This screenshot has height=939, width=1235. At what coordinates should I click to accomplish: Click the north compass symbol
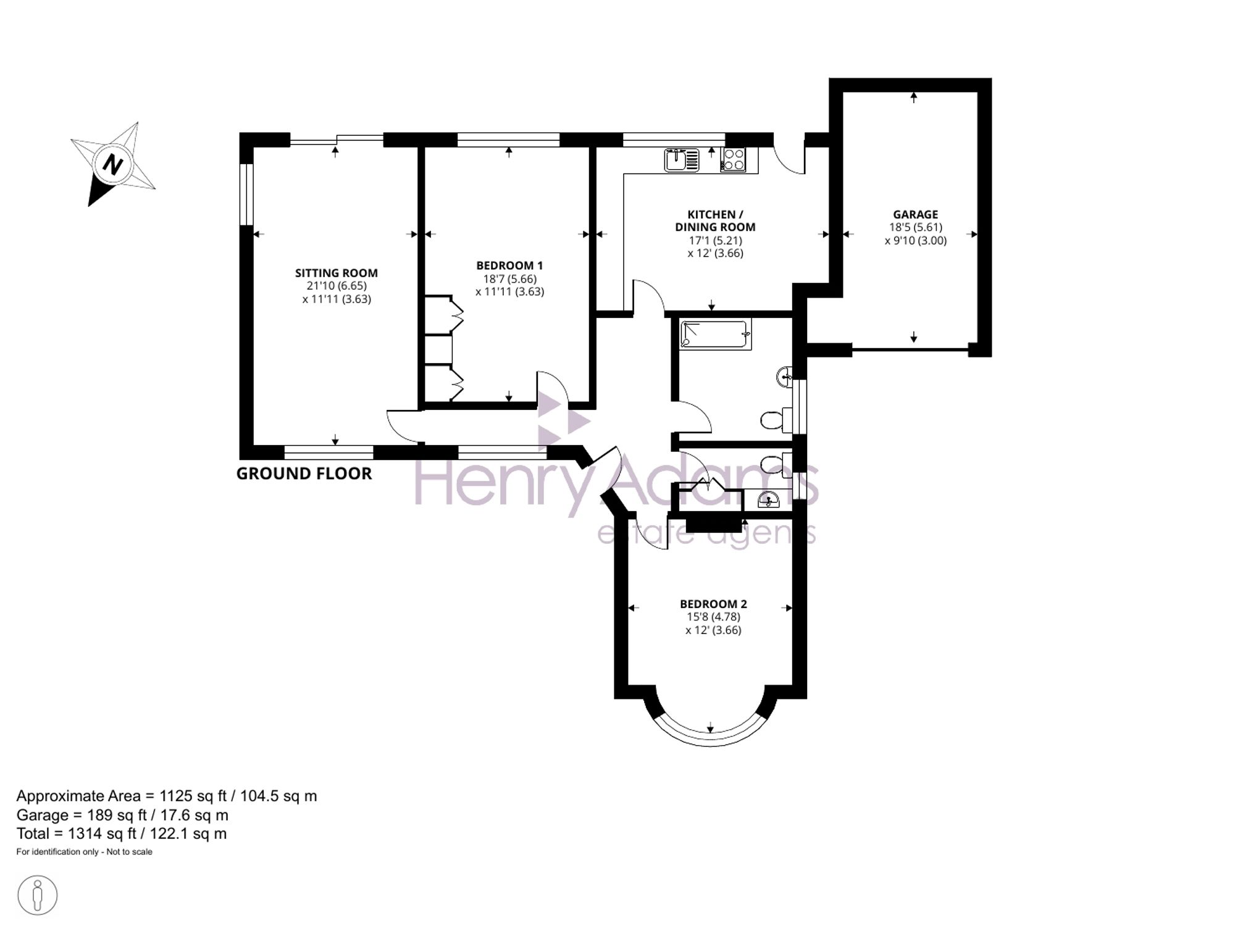click(112, 164)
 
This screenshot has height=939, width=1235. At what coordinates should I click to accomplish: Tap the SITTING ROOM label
click(336, 273)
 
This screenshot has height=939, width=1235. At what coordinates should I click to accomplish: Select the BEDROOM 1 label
click(509, 265)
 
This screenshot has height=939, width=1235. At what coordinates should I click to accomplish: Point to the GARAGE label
click(915, 214)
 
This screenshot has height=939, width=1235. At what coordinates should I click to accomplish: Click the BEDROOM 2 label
click(713, 604)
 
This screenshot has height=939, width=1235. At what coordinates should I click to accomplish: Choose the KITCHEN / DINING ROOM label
click(715, 220)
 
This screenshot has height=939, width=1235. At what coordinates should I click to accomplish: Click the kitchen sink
click(682, 160)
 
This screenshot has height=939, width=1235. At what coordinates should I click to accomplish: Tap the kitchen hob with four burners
click(734, 160)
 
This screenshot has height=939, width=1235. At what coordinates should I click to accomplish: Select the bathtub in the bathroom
click(716, 334)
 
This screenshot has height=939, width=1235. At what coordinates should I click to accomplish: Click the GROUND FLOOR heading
click(304, 474)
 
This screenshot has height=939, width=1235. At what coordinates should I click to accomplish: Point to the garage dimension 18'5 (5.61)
click(915, 227)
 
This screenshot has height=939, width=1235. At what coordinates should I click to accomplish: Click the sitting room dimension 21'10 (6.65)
click(337, 286)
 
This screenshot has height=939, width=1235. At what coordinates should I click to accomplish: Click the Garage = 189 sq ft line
click(122, 815)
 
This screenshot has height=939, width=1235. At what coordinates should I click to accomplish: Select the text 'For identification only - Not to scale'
click(84, 852)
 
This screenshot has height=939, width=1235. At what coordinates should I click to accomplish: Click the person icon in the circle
click(38, 895)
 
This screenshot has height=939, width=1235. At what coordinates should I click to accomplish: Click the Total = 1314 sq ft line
click(122, 833)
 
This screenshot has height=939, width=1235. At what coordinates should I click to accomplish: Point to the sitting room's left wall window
click(246, 194)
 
